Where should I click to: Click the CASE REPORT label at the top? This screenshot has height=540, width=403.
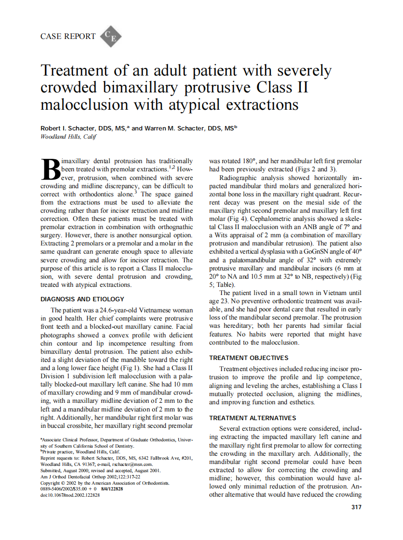[67, 37]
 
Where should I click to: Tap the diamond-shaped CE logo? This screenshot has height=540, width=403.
[110, 37]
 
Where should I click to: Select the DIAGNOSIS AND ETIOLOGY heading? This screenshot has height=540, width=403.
[82, 299]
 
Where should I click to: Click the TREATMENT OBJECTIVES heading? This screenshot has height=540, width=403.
[249, 358]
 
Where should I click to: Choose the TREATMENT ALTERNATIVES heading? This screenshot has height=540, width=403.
[253, 418]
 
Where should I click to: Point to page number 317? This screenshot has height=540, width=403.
[356, 507]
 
